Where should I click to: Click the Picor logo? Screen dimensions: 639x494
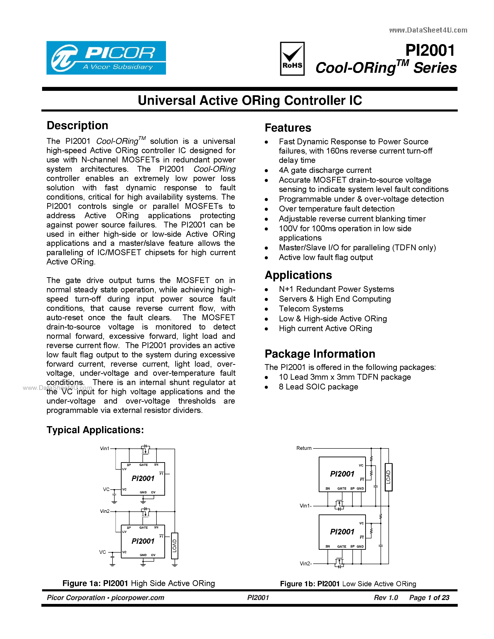coord(106,58)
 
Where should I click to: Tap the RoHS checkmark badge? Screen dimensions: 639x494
coord(292,59)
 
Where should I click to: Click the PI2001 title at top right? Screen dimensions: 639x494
coord(430,50)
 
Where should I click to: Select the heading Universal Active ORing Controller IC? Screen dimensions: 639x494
coord(250,100)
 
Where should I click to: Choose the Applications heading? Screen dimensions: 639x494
coord(298,275)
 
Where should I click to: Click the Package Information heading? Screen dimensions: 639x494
coord(320,354)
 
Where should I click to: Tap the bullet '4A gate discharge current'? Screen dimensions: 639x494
coord(325,170)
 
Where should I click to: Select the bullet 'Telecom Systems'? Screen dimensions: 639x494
coord(311,309)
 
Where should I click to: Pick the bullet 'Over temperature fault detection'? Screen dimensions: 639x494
coord(337,209)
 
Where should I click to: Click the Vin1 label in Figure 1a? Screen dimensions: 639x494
coord(104,448)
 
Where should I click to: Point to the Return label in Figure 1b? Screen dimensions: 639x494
coord(304,448)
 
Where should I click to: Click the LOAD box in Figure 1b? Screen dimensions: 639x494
coord(388,477)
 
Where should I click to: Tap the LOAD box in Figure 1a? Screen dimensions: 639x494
coord(174,546)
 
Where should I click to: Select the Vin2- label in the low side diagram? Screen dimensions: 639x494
coord(305,563)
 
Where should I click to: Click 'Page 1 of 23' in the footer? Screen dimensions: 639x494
coord(429,597)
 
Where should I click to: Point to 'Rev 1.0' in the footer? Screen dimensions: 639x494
coord(386,597)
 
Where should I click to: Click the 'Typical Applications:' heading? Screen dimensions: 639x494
coord(95,430)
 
